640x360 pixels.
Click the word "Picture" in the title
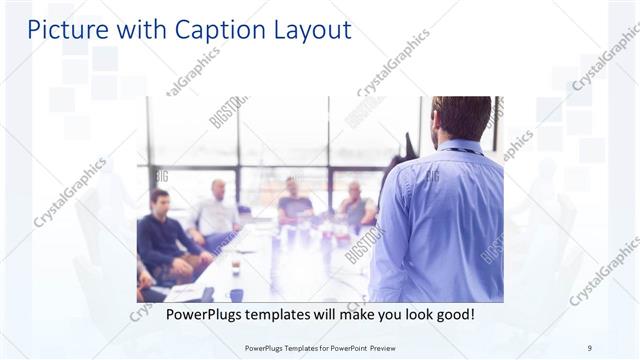[x=63, y=30]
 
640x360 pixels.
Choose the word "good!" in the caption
[x=453, y=315]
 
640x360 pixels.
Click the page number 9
[x=589, y=347]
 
